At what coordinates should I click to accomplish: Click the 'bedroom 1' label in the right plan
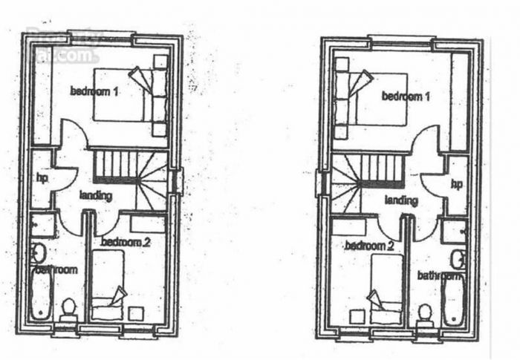click(x=406, y=96)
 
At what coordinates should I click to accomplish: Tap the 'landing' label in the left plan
click(x=96, y=196)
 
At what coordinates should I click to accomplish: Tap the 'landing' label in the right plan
click(x=401, y=200)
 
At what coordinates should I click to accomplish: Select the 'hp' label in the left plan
click(x=42, y=177)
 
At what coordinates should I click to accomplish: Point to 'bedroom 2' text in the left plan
click(x=126, y=242)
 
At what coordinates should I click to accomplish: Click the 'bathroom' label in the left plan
click(x=56, y=269)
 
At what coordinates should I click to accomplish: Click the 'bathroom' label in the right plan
click(x=439, y=275)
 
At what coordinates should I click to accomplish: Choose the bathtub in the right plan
click(x=453, y=300)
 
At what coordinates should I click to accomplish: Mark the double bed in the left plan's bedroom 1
click(x=123, y=94)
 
